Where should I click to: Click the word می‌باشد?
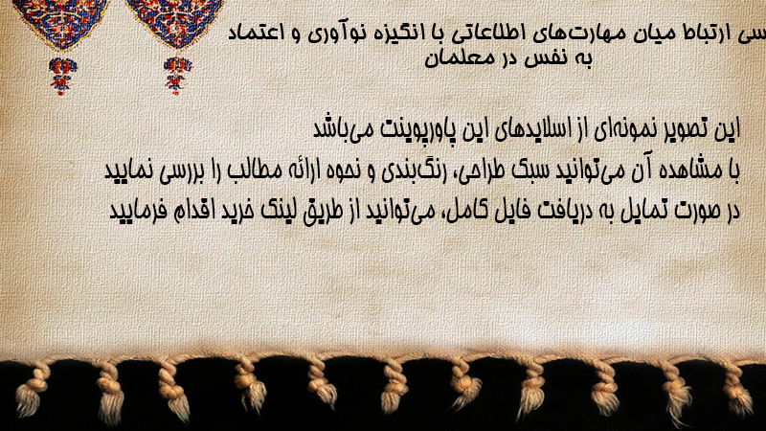click(x=340, y=130)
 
